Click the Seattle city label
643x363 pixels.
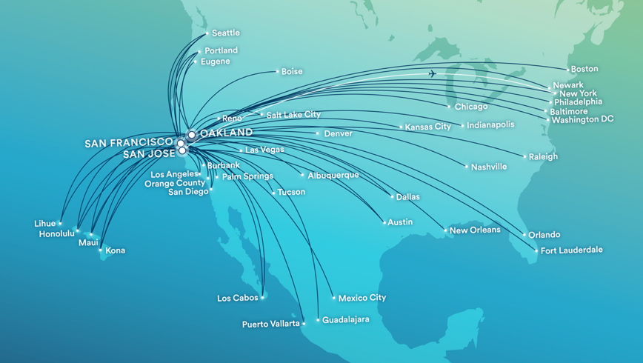(x=225, y=33)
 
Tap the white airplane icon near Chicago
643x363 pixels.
(x=433, y=73)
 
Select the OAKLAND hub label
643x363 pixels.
(x=226, y=133)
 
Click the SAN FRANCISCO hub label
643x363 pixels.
(x=129, y=142)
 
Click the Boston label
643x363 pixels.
(x=584, y=69)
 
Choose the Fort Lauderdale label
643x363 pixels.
(x=571, y=250)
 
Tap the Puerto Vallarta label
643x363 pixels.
(x=271, y=324)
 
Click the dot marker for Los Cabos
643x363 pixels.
(x=263, y=298)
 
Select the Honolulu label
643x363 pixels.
(x=57, y=234)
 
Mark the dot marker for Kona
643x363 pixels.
(x=101, y=250)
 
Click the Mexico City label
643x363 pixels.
(x=362, y=298)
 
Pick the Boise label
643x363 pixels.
(x=292, y=72)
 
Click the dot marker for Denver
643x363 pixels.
(x=319, y=134)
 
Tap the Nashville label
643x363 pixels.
(x=489, y=167)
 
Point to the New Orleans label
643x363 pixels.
(x=475, y=230)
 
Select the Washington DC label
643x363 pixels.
(x=582, y=119)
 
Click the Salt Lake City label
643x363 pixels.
(x=293, y=115)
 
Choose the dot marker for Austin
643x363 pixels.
(x=384, y=222)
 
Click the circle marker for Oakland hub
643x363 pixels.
(x=191, y=136)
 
